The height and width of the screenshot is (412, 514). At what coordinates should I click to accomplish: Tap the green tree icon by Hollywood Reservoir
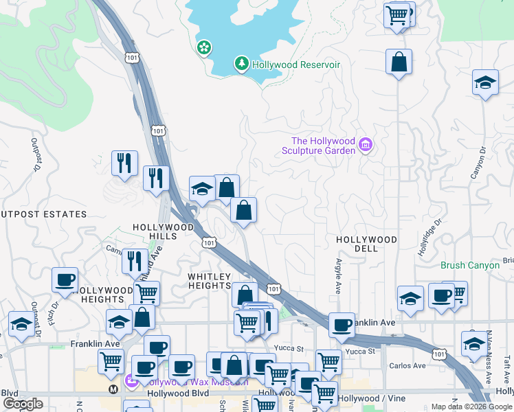pos(241,65)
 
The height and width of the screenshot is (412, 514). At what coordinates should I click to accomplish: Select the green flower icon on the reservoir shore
pos(204,47)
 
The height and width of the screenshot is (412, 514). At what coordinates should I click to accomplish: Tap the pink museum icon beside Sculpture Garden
pos(365,145)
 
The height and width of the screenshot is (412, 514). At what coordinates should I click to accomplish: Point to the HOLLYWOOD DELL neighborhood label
pos(366,244)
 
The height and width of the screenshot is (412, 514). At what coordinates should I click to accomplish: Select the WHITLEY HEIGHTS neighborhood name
pos(209,280)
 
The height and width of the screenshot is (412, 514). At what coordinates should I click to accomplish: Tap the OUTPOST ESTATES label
pos(43,214)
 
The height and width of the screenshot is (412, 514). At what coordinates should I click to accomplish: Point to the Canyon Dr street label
pos(478,163)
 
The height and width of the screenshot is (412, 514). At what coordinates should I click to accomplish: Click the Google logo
pos(23,404)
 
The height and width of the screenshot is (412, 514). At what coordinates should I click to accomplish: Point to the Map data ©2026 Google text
pos(471,407)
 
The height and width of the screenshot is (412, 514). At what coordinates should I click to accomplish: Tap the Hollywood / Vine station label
pos(368,398)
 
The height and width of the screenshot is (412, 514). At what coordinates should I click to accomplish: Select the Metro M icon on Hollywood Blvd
pos(113,389)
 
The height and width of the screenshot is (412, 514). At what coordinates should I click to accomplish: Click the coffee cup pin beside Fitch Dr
pos(65,279)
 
